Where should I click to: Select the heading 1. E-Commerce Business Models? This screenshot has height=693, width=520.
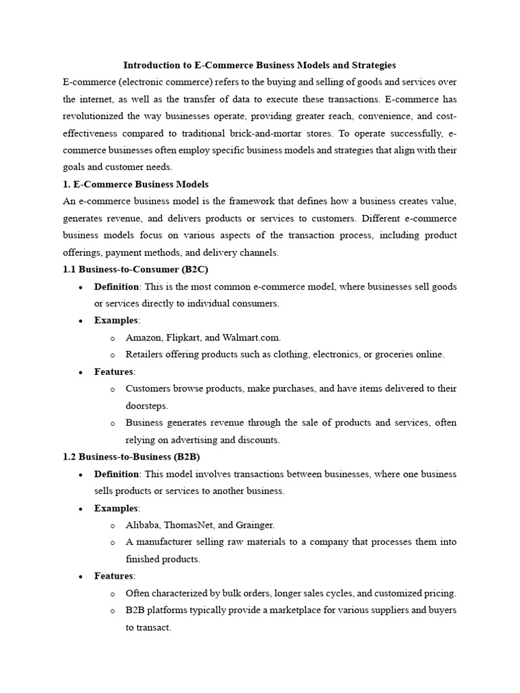135,184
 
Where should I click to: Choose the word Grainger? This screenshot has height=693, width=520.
255,524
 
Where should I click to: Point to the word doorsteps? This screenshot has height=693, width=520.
146,405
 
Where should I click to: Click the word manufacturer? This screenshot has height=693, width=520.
165,542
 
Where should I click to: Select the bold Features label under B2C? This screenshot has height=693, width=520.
114,372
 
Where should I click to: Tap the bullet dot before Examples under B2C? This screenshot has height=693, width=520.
81,321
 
